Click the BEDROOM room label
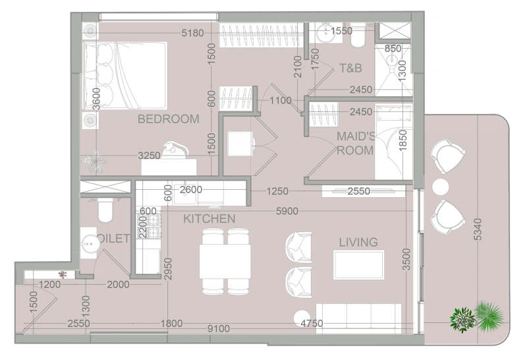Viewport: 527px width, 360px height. pyautogui.click(x=168, y=119)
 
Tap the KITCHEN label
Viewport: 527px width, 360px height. pyautogui.click(x=209, y=218)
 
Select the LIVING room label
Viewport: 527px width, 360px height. pyautogui.click(x=358, y=243)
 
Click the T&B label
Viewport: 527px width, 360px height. pyautogui.click(x=351, y=68)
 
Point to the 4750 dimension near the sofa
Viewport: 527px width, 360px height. pyautogui.click(x=312, y=324)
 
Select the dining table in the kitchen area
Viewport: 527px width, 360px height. pyautogui.click(x=225, y=261)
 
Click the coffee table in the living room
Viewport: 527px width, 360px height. pyautogui.click(x=358, y=265)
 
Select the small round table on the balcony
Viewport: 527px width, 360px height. pyautogui.click(x=439, y=187)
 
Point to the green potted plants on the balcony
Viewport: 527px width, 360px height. pyautogui.click(x=477, y=316)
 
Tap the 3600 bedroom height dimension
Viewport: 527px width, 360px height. pyautogui.click(x=97, y=99)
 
